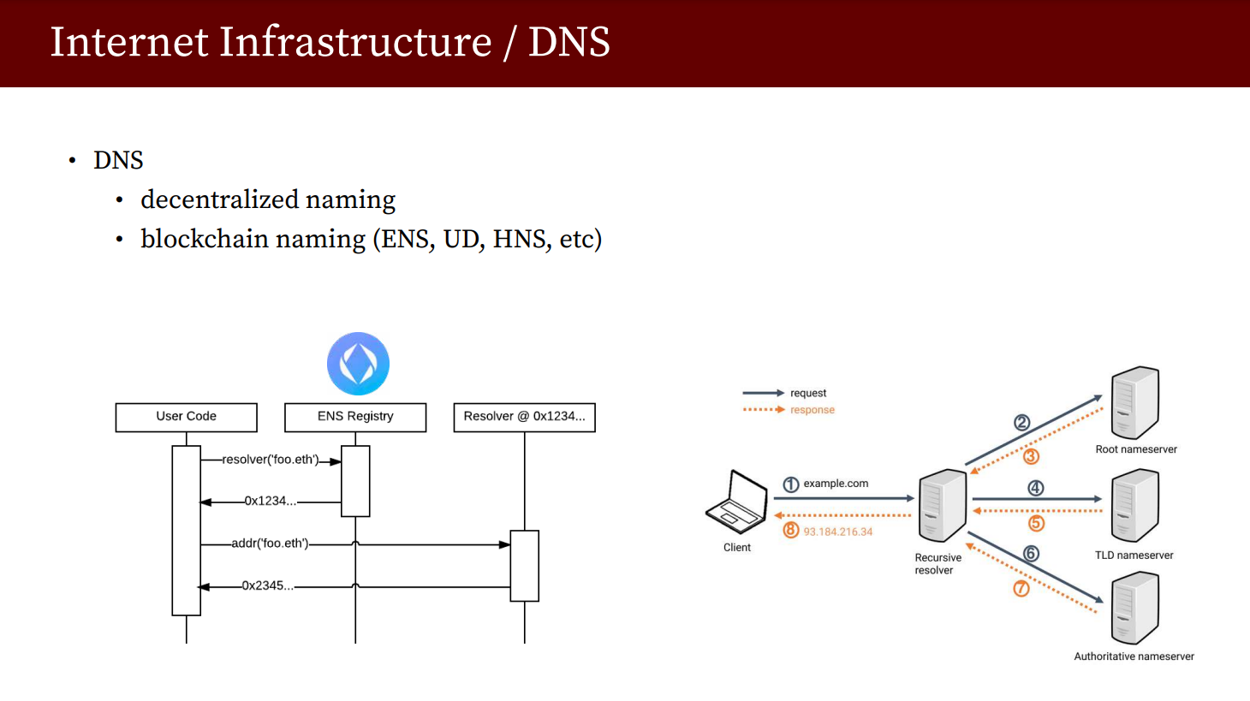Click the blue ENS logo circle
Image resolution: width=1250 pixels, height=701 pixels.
(358, 364)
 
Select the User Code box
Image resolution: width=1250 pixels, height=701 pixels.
(186, 417)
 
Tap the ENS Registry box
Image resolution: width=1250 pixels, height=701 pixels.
(355, 417)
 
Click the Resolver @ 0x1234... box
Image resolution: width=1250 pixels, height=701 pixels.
(524, 417)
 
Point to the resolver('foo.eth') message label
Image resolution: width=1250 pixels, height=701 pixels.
(270, 460)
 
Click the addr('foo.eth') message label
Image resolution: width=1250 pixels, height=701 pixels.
(270, 544)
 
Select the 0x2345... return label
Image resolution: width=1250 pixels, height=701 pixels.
(267, 585)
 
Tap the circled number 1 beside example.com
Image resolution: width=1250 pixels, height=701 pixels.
(791, 484)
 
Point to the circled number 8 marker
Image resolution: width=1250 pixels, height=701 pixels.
(791, 531)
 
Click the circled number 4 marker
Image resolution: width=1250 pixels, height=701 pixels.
(1036, 488)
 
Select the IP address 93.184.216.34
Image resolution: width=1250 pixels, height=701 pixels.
(838, 532)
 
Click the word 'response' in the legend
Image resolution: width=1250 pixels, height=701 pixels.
(812, 410)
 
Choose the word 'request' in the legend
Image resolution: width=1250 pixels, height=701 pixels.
(808, 393)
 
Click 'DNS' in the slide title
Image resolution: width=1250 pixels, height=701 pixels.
(568, 42)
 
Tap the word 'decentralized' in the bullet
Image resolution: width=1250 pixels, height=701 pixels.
(219, 199)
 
